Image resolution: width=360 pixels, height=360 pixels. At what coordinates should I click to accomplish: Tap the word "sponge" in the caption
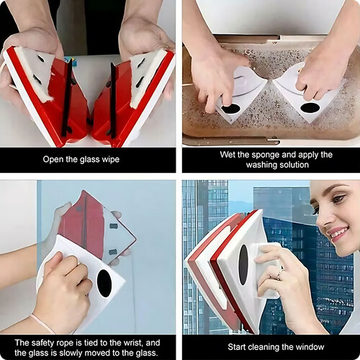(x=266, y=155)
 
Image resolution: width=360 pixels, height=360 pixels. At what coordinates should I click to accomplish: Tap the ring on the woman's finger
(x=279, y=274)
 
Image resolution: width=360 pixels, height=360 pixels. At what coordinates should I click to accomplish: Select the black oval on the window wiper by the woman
(x=243, y=265)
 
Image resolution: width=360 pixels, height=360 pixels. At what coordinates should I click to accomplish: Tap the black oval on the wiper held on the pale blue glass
(x=104, y=283)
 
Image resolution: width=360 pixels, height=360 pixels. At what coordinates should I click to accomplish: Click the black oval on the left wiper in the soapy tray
(x=230, y=109)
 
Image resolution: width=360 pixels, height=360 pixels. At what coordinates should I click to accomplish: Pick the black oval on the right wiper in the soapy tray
(x=310, y=108)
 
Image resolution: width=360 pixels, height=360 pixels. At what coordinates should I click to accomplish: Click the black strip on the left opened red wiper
(x=67, y=98)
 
